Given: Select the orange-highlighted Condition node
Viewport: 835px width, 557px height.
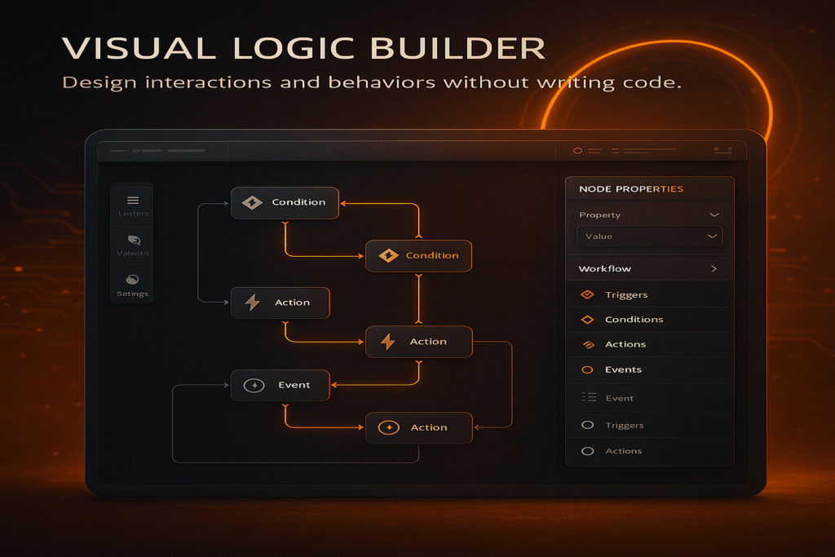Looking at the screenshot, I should coord(418,255).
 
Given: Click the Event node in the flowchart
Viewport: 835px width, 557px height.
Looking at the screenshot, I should coord(280,385).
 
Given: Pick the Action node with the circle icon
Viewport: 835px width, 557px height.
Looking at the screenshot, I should coord(418,427).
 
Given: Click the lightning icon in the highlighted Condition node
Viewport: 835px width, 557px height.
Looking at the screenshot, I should coord(389,256).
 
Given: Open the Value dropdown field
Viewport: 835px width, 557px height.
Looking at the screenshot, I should coord(649,237).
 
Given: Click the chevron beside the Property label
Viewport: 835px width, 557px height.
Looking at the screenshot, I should coord(714,215).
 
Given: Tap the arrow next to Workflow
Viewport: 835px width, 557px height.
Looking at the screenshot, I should coord(714,269).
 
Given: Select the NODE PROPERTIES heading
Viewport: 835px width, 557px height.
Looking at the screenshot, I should coord(631,189).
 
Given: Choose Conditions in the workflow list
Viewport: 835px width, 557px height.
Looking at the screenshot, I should coord(634,320).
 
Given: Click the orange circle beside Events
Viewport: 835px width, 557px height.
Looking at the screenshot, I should coord(587,370).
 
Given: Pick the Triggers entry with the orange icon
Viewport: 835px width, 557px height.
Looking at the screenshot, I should coord(625,295).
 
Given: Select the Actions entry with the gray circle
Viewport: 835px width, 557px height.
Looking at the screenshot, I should coord(623,451).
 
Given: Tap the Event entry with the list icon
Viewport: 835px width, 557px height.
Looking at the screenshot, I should coord(619,398).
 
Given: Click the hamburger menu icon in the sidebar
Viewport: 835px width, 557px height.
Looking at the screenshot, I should coord(133,201).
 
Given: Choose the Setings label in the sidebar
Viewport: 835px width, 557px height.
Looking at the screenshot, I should coord(132,294).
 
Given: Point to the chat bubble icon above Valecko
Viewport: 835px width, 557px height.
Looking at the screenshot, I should coord(134,240).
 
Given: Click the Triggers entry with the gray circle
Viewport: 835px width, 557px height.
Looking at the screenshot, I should coord(624,425).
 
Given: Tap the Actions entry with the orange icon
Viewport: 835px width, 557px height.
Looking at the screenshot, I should coord(625,345).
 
